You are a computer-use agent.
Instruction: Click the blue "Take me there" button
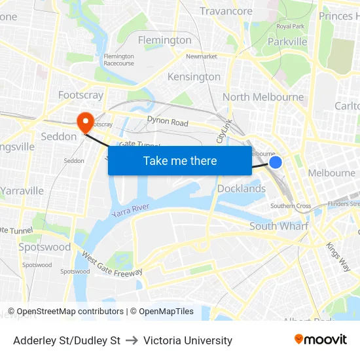coord(180,160)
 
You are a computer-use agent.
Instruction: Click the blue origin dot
coord(276,162)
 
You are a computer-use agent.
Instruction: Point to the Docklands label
coord(241,189)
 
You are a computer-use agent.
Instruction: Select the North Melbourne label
coord(263,97)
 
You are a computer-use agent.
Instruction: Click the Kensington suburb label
coord(194,77)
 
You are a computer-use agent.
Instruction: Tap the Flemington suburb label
coord(165,40)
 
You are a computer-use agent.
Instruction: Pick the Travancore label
coord(226,11)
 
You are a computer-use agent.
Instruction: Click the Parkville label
coord(287,41)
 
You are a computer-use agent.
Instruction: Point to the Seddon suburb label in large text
coord(59,136)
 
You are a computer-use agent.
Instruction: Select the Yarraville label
coord(22,190)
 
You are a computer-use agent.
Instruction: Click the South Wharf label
coord(279,226)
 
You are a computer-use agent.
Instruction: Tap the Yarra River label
coord(130,211)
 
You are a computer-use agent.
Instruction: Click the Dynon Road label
coord(168,122)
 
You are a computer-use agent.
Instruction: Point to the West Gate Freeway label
coord(112,262)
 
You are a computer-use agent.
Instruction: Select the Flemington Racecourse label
coord(118,60)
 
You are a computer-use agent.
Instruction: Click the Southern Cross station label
coord(291,206)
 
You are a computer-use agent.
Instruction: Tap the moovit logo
coord(321,340)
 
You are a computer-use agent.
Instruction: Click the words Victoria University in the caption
coord(188,340)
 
